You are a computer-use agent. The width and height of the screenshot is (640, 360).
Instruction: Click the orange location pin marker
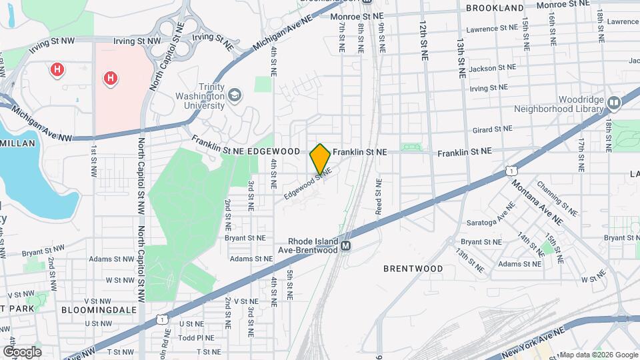click(x=320, y=159)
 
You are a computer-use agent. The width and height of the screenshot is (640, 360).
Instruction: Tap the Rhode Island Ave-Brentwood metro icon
click(x=346, y=246)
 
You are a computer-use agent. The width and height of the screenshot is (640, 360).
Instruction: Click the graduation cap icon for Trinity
click(x=234, y=96)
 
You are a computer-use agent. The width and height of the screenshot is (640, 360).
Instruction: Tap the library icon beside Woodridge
click(x=613, y=102)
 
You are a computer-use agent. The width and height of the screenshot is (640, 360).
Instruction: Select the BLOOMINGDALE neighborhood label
click(x=99, y=310)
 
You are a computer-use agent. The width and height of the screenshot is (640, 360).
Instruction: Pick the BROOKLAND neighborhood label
click(x=495, y=8)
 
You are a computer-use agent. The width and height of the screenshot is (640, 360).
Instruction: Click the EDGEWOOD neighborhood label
click(x=273, y=151)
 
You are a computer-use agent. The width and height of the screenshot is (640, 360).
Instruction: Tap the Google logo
click(x=21, y=351)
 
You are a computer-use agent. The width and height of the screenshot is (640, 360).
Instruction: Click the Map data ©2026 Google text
click(x=598, y=355)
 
